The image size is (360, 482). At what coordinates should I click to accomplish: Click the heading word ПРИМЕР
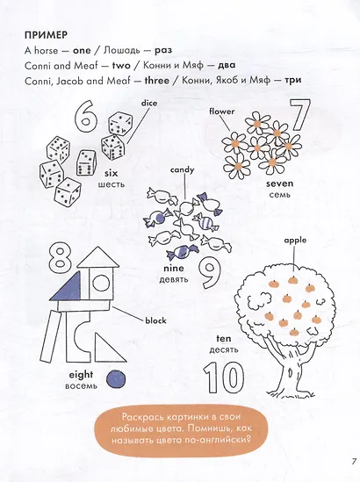46,35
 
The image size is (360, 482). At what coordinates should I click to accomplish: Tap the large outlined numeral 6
86,115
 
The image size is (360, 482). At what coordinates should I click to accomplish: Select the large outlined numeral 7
299,115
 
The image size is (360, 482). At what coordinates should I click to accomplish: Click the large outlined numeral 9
210,273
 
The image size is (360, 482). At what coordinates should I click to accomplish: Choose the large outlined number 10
224,378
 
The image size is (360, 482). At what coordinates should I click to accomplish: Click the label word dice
149,103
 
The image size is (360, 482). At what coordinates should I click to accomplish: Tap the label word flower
221,112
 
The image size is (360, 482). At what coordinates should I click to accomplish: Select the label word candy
183,170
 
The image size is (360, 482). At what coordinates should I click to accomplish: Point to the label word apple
295,241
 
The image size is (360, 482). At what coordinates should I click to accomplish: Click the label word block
155,320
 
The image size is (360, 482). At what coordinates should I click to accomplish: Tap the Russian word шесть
112,184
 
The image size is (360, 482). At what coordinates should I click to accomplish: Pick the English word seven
279,183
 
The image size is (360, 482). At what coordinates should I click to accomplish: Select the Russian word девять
174,279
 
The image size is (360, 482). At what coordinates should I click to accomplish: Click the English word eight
81,375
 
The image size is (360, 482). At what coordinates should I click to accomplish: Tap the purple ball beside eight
116,379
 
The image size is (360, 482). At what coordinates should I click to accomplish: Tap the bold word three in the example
157,81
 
